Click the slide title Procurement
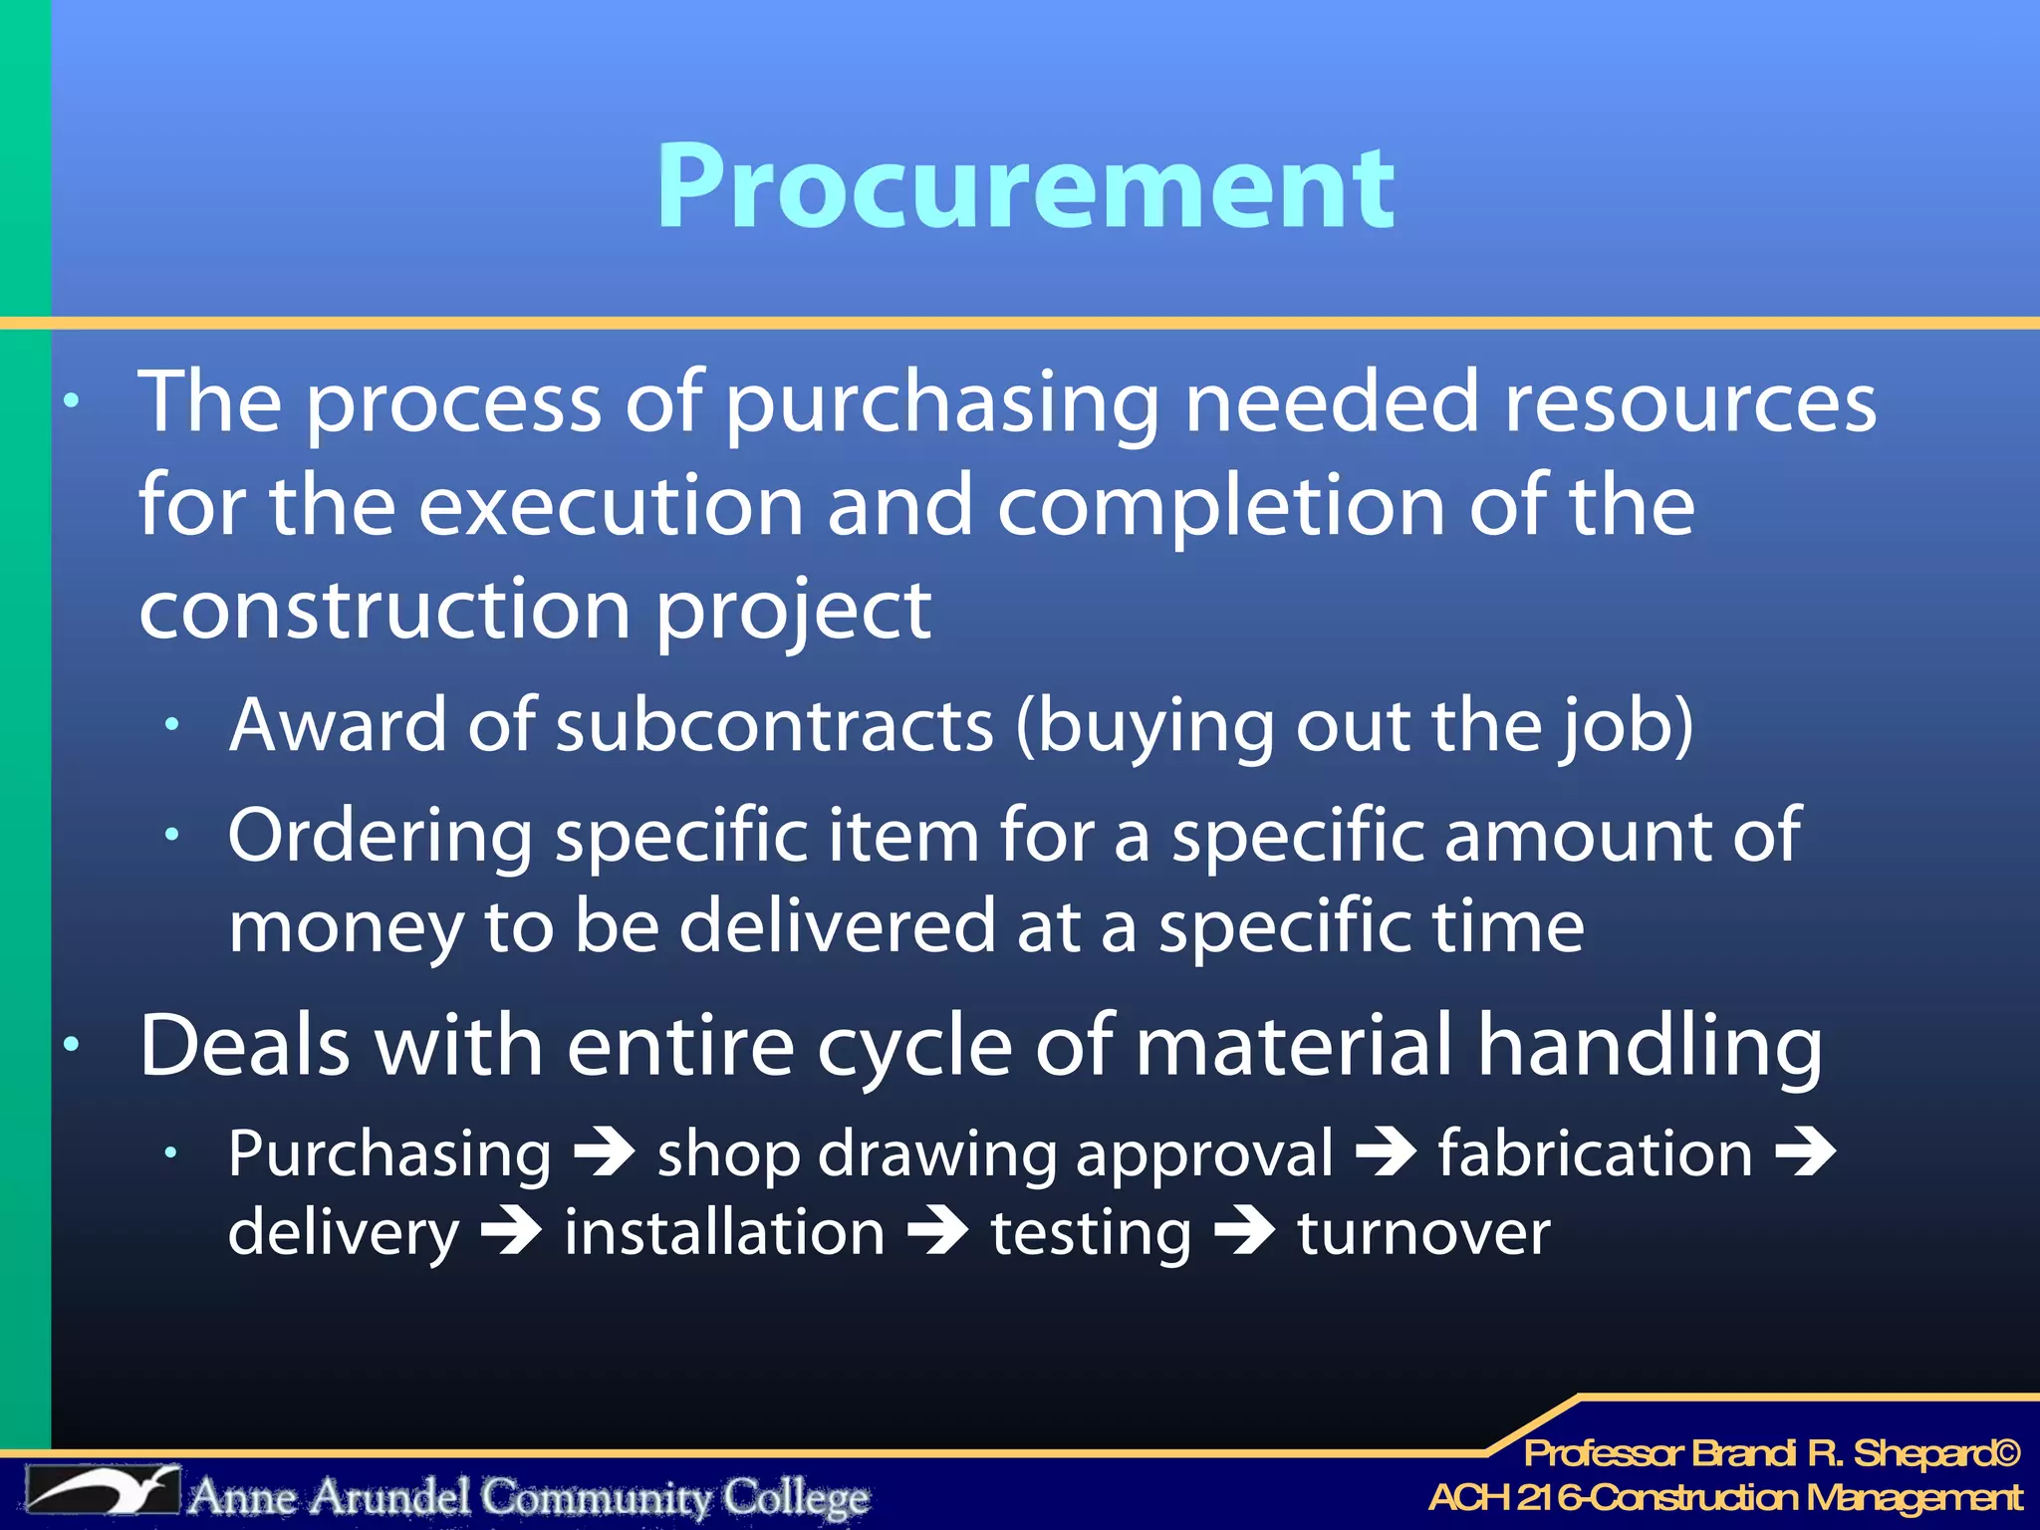click(1025, 186)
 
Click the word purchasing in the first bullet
click(941, 403)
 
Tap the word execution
click(610, 506)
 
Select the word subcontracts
click(774, 725)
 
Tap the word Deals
click(245, 1046)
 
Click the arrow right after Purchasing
click(605, 1152)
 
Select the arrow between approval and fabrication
click(1386, 1152)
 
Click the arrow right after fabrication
click(1805, 1152)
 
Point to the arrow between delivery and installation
click(512, 1232)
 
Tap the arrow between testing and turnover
click(1244, 1232)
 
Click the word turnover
click(1423, 1233)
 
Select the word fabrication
click(1594, 1153)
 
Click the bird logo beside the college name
click(103, 1492)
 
